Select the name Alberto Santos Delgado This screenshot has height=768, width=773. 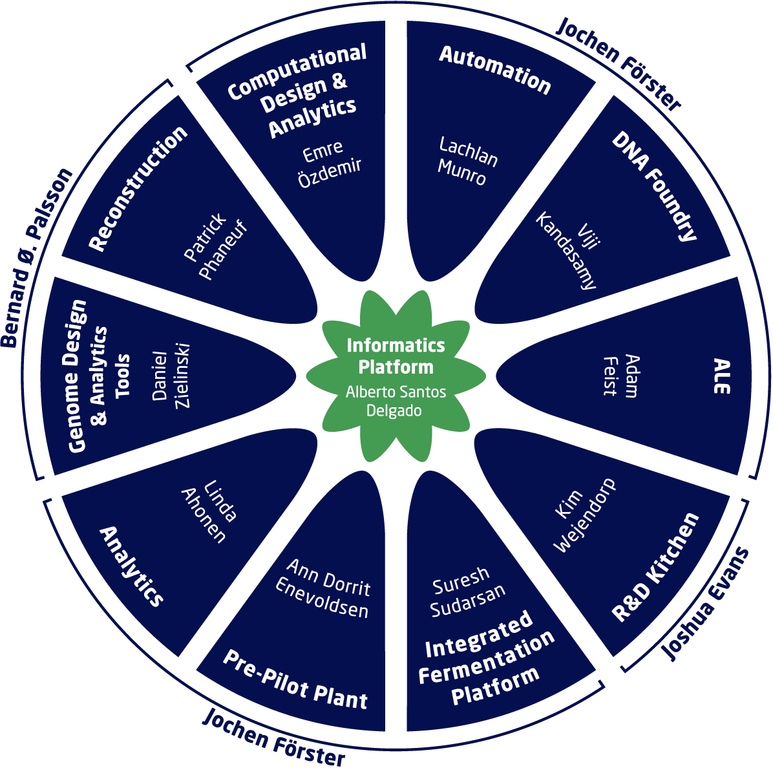tap(396, 401)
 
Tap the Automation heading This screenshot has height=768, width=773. tap(495, 71)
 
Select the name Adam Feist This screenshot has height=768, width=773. tap(620, 375)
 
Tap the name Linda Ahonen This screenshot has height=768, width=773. tap(209, 511)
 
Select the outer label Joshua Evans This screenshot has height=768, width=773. tap(706, 604)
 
